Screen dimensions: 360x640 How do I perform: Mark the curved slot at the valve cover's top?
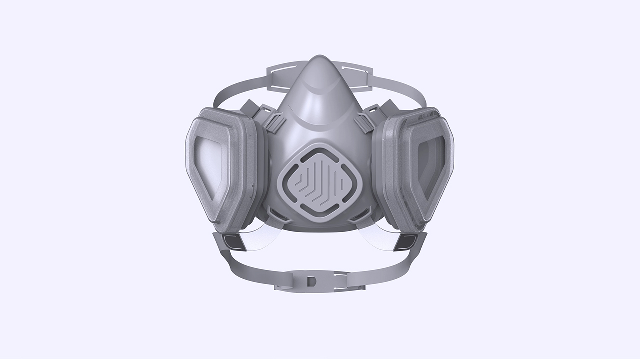[x=320, y=151]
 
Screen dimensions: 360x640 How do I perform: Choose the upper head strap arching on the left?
[x=235, y=90]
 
